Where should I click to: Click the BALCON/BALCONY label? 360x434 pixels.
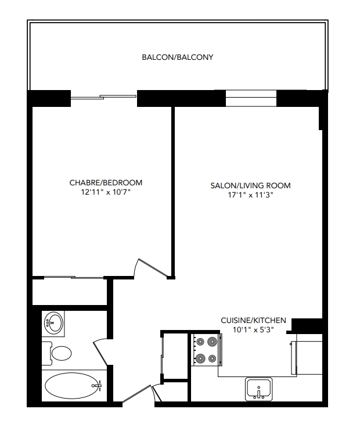point(178,58)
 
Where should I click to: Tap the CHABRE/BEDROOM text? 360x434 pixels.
point(106,182)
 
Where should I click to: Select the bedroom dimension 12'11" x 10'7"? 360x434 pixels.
point(106,192)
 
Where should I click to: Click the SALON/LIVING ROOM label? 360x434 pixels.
point(250,186)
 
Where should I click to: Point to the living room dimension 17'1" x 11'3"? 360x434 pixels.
point(250,195)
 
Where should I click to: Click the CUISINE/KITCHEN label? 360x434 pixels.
point(253,320)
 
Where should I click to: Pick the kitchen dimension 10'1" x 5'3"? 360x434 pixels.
point(253,329)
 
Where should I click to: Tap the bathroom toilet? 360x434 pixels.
point(60,353)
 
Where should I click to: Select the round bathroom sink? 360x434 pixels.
point(54,322)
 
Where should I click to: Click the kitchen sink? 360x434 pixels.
point(258,388)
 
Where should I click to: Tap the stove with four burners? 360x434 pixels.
point(206,350)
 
